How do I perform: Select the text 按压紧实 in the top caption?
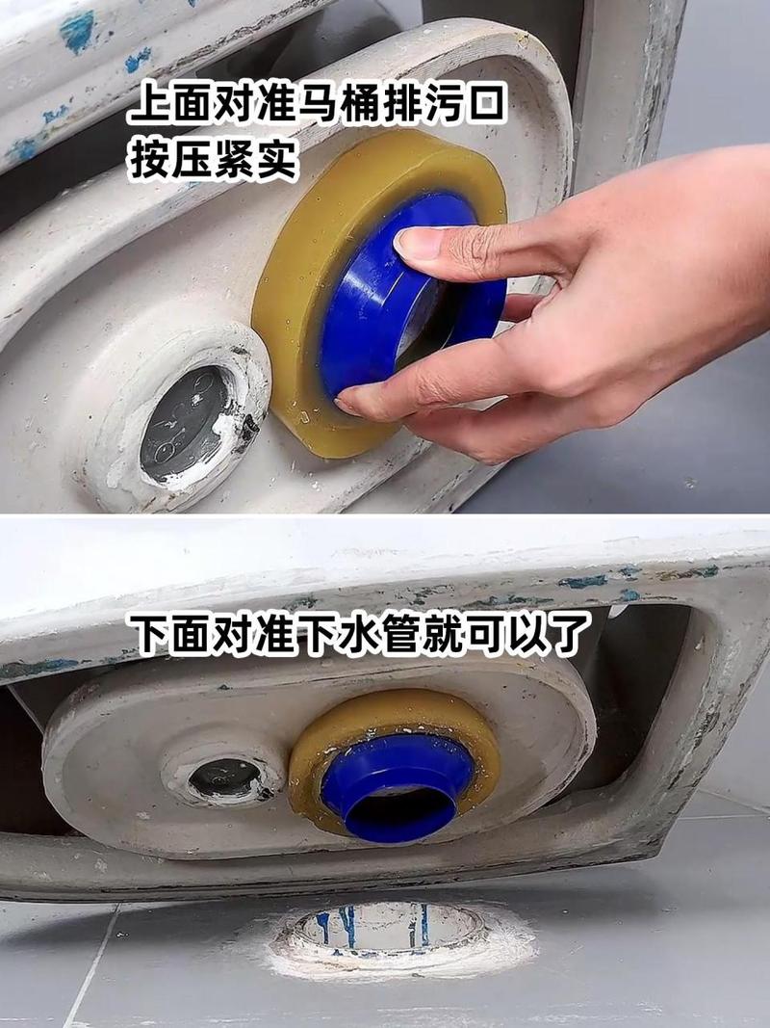coord(213,159)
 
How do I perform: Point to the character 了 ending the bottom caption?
coord(568,636)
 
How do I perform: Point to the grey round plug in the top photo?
coord(185,425)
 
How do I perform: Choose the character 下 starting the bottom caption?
coord(149,636)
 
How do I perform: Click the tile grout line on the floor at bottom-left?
coord(91,963)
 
